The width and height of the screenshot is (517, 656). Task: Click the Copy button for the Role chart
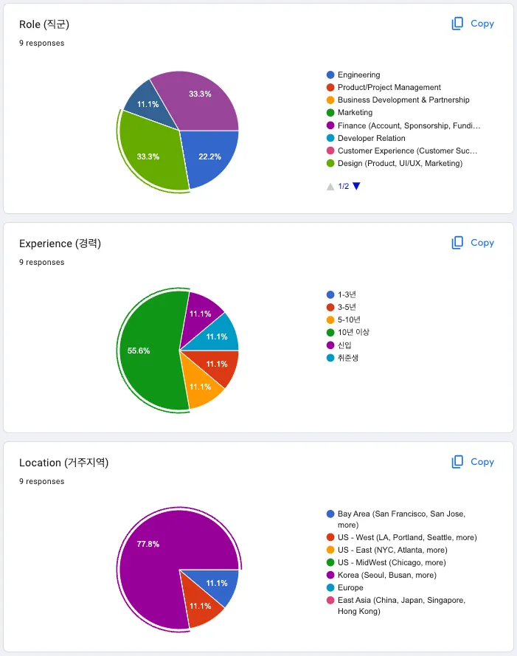click(473, 24)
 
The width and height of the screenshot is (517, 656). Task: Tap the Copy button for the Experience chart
click(473, 243)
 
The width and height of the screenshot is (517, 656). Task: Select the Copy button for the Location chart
click(473, 462)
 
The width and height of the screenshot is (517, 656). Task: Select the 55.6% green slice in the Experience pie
click(148, 351)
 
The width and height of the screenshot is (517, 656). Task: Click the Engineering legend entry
click(358, 75)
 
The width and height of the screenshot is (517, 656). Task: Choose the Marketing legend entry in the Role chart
click(355, 113)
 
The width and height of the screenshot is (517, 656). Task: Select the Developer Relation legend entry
click(371, 138)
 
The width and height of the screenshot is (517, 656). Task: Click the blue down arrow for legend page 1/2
click(356, 186)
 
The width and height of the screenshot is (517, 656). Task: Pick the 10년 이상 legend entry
click(353, 332)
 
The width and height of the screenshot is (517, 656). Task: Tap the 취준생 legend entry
click(348, 358)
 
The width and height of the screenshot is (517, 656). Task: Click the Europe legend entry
click(350, 588)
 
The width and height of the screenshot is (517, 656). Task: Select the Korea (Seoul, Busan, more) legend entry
click(386, 575)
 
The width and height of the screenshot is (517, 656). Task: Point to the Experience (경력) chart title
click(60, 244)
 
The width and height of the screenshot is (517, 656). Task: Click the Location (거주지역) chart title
click(63, 463)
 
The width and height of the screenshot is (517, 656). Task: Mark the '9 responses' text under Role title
click(42, 43)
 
